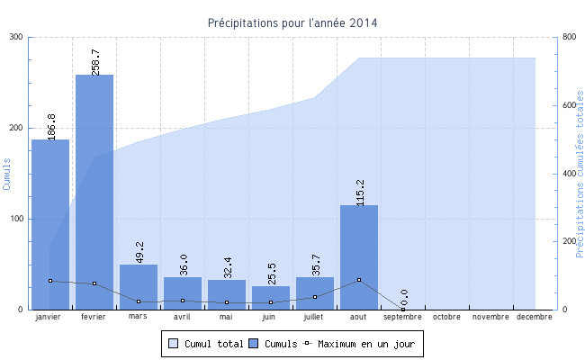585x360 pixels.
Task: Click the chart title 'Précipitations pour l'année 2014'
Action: [x=292, y=22]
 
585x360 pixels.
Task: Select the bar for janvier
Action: [x=50, y=225]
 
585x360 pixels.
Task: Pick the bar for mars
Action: [x=139, y=287]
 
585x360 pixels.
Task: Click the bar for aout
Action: [x=359, y=257]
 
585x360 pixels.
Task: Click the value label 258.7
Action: [x=95, y=62]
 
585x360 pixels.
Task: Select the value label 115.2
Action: [x=360, y=193]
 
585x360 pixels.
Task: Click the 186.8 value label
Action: [x=51, y=127]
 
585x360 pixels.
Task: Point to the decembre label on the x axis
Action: [x=535, y=317]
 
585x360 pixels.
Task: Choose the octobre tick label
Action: [x=447, y=317]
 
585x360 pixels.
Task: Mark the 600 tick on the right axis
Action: [x=569, y=105]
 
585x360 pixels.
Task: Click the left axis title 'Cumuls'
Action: [x=7, y=174]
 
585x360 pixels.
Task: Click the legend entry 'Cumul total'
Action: [x=206, y=344]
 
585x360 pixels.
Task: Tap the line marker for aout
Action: [x=359, y=280]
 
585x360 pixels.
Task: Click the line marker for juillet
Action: [x=315, y=297]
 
